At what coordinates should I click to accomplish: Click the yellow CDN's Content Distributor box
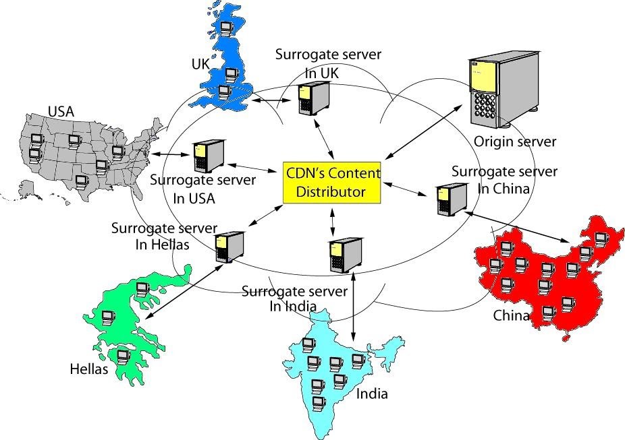click(x=331, y=181)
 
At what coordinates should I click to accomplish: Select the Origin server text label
click(x=514, y=142)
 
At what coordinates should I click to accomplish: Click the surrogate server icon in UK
click(x=311, y=98)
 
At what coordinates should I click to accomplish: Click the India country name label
click(x=372, y=394)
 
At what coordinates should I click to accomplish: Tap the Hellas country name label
click(x=89, y=369)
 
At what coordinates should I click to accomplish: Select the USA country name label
click(x=61, y=110)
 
